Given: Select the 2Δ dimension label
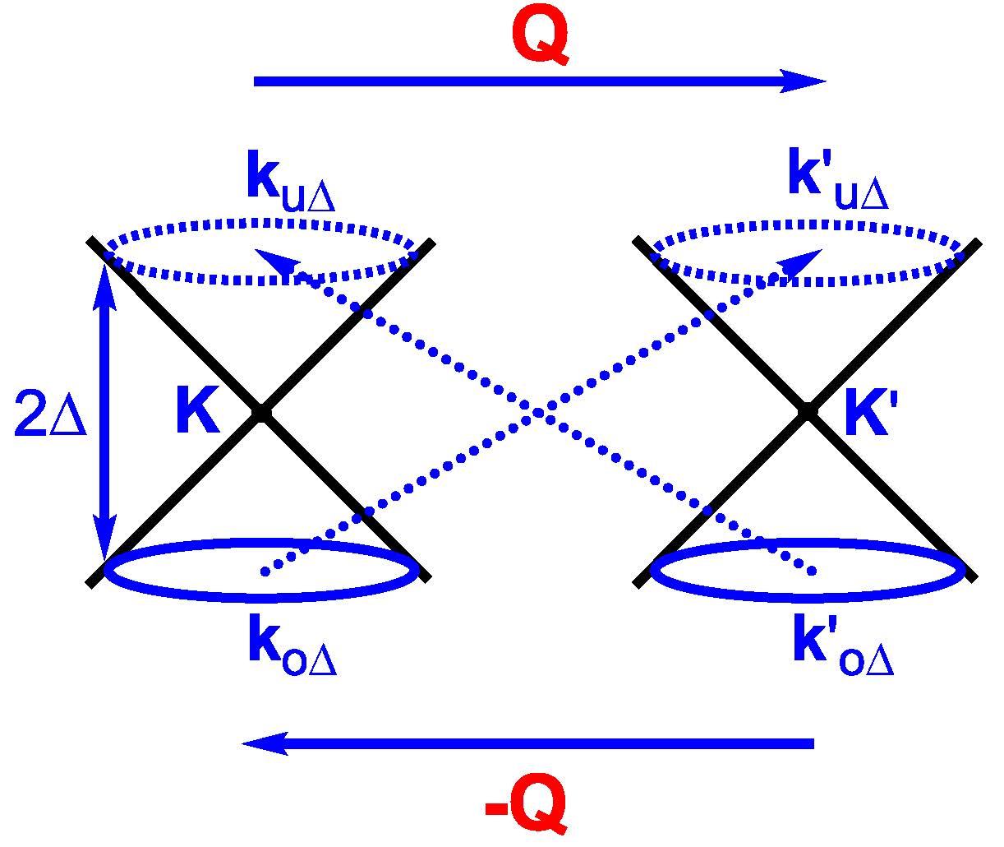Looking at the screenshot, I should click(50, 418).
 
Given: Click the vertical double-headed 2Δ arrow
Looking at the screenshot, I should click(104, 411).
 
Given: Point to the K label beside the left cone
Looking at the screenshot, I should click(197, 413).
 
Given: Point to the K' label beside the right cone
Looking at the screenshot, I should click(868, 418).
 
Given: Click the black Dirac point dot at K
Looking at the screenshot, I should click(260, 413).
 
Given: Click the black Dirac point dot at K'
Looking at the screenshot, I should click(808, 411).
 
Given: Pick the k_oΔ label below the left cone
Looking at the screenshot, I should click(292, 650).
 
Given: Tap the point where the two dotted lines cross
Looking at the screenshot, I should click(537, 410).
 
